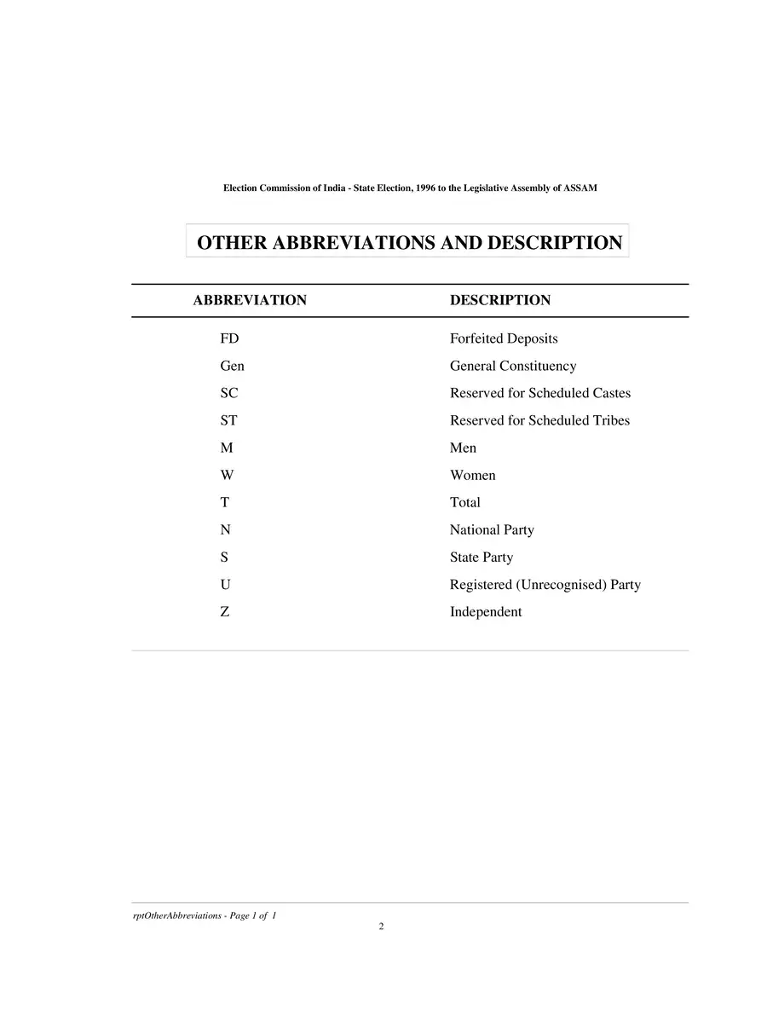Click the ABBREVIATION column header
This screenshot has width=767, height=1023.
250,300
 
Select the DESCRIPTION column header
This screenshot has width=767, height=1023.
499,300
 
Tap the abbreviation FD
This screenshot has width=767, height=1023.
229,338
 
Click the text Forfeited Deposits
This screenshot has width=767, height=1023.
504,338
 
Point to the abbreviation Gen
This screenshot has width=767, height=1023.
232,366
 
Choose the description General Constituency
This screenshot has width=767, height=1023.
513,366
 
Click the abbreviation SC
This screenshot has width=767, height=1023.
229,393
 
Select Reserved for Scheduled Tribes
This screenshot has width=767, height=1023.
539,420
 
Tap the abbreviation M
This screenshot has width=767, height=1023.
227,448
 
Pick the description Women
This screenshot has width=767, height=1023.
472,475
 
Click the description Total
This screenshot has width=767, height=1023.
465,502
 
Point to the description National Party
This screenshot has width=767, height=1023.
492,529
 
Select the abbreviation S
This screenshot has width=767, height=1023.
224,557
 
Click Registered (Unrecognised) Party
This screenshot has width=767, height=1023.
545,585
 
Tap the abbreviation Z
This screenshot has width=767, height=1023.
224,612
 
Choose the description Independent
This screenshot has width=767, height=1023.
486,612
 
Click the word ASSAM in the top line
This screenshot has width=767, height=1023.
580,188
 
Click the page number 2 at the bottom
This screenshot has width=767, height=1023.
382,927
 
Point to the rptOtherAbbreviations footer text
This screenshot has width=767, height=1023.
205,915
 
